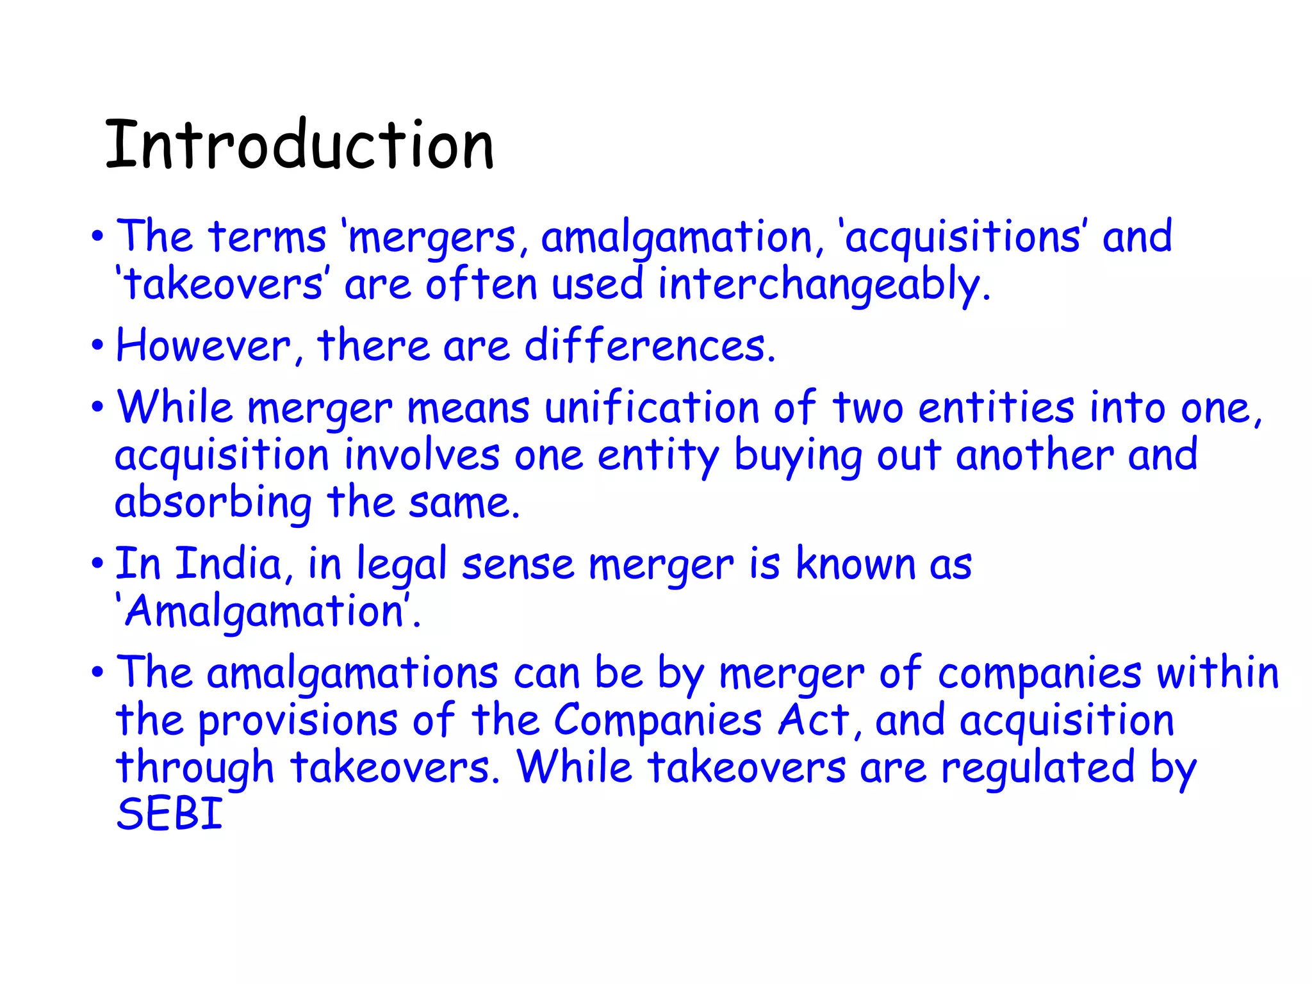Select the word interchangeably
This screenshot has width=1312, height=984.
tap(824, 285)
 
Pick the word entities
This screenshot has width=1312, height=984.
tap(996, 408)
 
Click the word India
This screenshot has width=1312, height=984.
tap(229, 564)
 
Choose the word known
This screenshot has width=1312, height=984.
tap(855, 564)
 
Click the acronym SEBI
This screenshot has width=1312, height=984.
tap(169, 814)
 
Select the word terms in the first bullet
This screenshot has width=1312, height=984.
tap(267, 237)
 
